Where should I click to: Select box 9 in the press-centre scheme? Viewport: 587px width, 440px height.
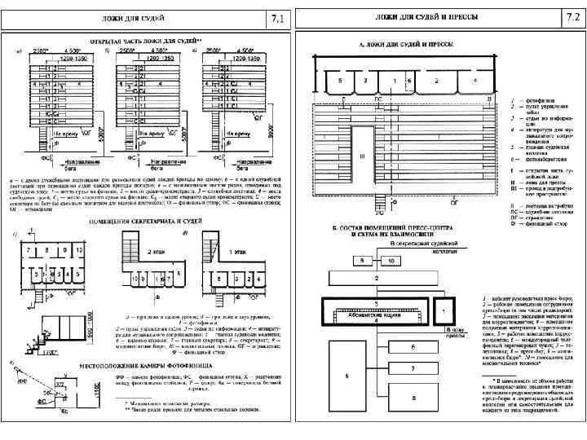click(362, 259)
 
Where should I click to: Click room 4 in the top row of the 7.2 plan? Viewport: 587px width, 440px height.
click(474, 81)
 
